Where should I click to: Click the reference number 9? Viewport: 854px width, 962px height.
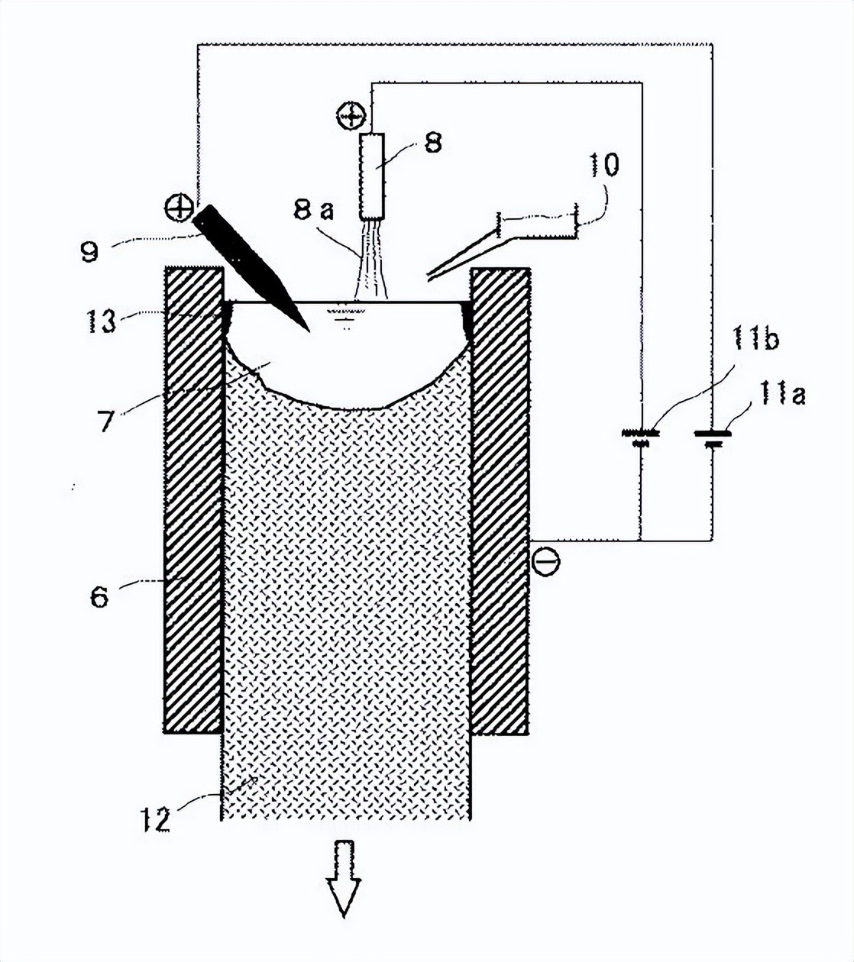[x=91, y=250]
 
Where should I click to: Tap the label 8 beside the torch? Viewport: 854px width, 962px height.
[x=432, y=144]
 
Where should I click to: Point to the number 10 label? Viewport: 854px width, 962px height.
[x=603, y=165]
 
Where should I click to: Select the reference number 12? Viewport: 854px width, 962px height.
[x=156, y=821]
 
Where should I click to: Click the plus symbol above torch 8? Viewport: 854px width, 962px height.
[x=350, y=116]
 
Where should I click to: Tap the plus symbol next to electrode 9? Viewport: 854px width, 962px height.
[x=179, y=207]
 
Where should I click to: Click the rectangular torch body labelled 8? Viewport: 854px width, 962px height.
[x=372, y=175]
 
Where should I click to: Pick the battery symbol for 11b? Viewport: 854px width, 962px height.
[x=642, y=437]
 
